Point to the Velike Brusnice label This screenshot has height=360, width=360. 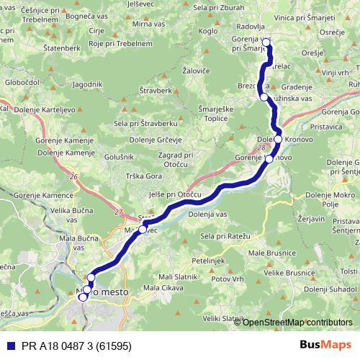point(287,273)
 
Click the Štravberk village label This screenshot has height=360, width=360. point(156,91)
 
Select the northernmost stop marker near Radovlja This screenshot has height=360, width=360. point(266,42)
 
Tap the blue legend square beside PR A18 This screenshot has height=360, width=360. point(6,345)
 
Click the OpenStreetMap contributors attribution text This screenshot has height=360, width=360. point(297,322)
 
